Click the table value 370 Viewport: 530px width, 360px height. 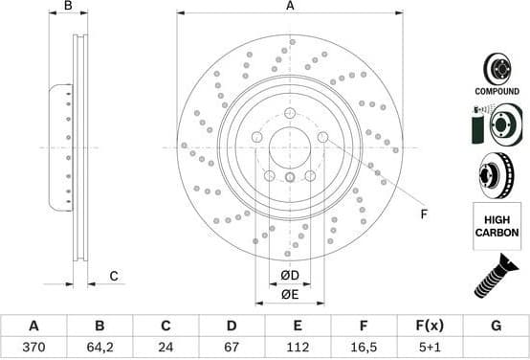coord(33,347)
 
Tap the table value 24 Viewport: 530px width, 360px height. coord(166,347)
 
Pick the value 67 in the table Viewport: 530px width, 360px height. coord(231,347)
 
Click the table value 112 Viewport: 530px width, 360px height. coord(298,347)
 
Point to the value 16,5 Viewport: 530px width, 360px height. coord(364,347)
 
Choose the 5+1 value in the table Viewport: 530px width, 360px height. coord(430,347)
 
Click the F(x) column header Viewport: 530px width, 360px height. coord(430,326)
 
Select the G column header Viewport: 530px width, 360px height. coord(496,326)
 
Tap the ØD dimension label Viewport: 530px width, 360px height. coord(290,278)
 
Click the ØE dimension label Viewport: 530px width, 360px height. coord(290,294)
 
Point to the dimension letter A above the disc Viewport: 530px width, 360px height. coord(290,7)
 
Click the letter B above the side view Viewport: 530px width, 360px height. coord(68,7)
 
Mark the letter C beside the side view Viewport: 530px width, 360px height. coord(113,277)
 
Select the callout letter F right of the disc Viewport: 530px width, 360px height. coord(424,214)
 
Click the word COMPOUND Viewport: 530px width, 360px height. coord(496,91)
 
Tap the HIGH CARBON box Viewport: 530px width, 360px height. coord(496,227)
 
